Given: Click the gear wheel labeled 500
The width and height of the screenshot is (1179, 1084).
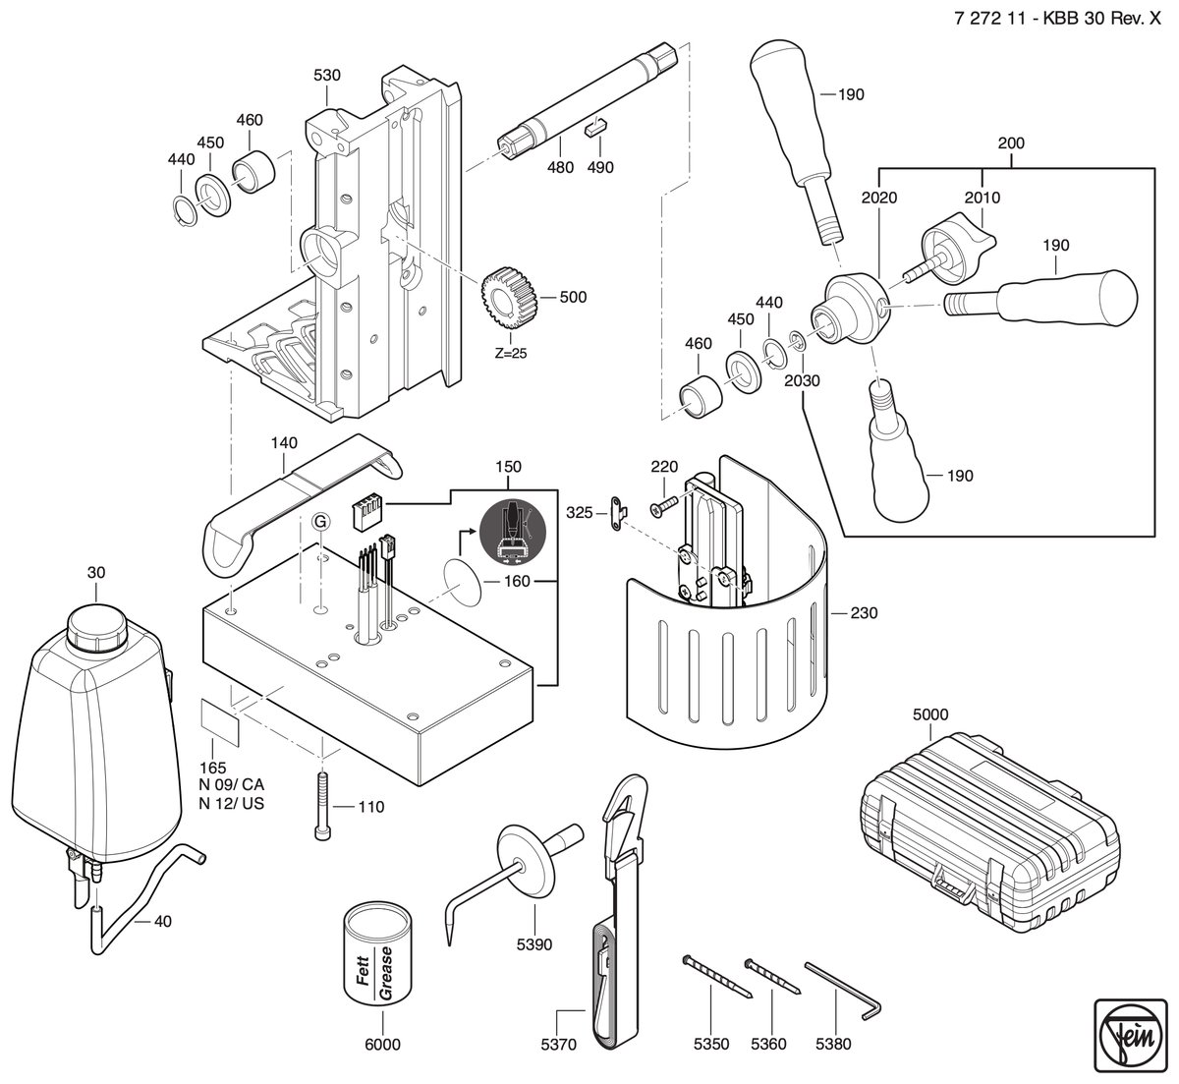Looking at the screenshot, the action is coord(510,297).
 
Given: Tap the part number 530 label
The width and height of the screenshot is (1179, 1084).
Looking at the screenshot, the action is coord(327,76).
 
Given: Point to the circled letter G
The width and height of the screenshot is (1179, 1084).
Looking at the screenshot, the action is coord(321,521).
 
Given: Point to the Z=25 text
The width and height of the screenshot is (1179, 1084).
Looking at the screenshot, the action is coord(511,354).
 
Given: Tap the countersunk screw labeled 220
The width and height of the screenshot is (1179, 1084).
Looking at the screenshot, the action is coord(662,505).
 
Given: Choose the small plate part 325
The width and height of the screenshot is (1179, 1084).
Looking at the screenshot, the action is coord(619,513).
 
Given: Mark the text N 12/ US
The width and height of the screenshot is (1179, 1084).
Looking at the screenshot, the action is coord(232,803).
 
